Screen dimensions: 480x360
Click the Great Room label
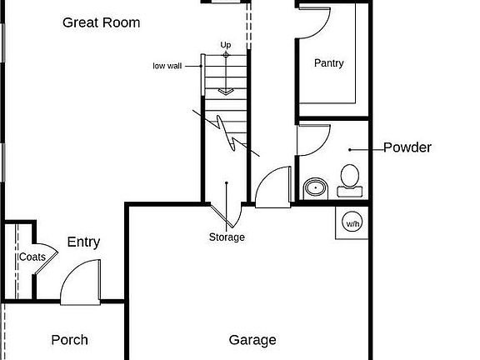(102, 22)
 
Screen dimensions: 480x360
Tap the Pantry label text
(329, 63)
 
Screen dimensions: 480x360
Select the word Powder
(407, 147)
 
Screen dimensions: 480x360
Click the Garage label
(252, 340)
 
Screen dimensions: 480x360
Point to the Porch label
(69, 340)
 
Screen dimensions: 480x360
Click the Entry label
(83, 242)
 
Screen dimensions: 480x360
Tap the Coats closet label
(32, 257)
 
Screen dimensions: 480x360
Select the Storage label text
(227, 237)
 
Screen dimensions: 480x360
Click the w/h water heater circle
(352, 222)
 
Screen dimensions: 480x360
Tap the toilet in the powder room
(350, 180)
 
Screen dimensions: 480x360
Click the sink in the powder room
(316, 188)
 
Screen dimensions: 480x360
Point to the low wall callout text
(167, 66)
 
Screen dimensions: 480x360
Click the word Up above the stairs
(226, 45)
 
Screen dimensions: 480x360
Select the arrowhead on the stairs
(226, 91)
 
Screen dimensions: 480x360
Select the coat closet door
(46, 258)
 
